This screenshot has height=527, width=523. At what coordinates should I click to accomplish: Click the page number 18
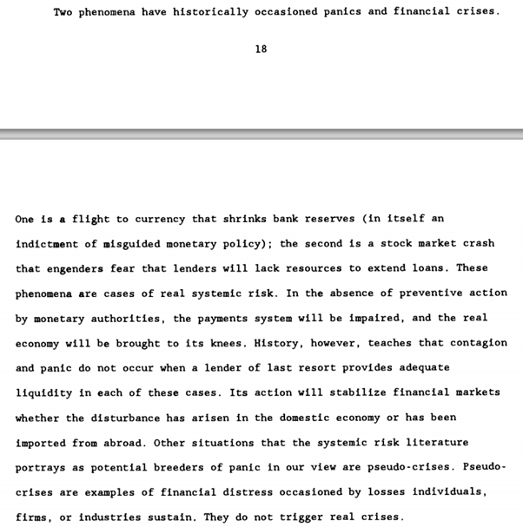(x=261, y=49)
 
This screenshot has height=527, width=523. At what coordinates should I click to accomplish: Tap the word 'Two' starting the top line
(x=63, y=12)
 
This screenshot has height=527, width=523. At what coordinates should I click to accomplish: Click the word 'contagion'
(x=479, y=344)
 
